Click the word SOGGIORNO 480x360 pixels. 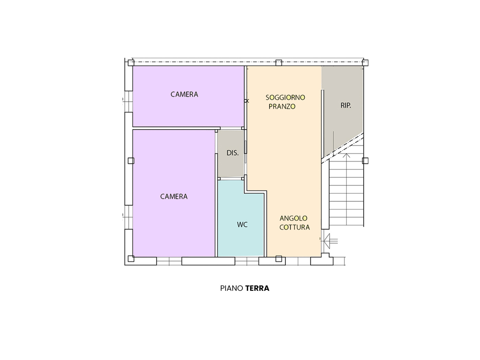285,97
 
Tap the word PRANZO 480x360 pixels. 282,106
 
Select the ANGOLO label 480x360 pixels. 293,218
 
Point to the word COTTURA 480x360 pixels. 295,227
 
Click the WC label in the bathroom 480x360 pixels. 242,224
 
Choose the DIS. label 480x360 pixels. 232,153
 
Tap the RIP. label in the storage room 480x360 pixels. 346,105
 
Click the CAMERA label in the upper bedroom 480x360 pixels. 184,94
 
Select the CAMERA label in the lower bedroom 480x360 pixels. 174,197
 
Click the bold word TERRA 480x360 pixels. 257,288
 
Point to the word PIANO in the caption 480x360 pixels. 231,288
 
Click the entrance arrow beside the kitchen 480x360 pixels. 331,241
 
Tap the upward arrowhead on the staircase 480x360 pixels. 346,155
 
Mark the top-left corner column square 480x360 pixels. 131,63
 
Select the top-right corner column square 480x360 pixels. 365,63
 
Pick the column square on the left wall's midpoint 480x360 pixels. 131,161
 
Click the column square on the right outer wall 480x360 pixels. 365,161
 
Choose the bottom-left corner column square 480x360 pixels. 131,259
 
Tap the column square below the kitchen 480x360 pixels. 279,259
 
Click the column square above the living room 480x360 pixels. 279,63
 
